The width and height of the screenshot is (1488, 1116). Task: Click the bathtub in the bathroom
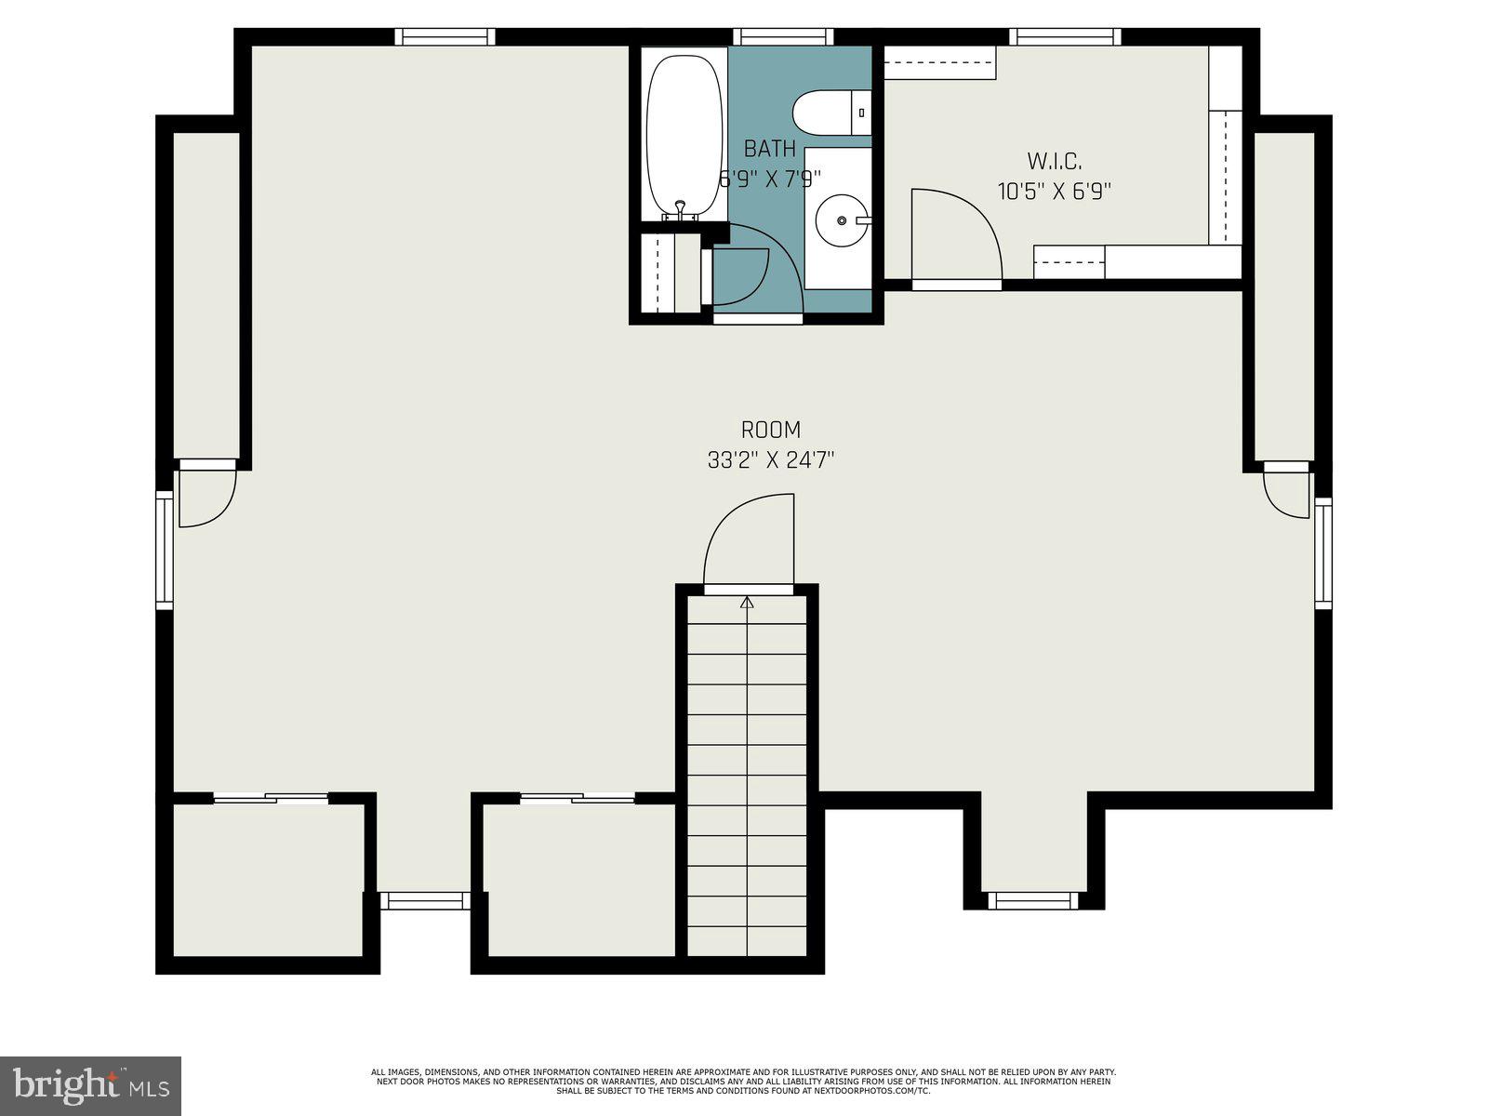[684, 135]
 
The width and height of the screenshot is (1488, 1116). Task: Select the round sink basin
[841, 220]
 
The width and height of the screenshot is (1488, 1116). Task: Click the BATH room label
[770, 149]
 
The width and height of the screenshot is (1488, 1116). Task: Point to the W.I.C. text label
[1055, 162]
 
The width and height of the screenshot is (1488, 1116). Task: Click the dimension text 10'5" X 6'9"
[1055, 193]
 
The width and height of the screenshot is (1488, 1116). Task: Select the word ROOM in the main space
[770, 430]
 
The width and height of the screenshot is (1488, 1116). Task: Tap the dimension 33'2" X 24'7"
[770, 460]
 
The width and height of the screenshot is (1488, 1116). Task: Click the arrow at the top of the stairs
[747, 604]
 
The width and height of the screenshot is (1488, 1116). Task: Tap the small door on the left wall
[205, 496]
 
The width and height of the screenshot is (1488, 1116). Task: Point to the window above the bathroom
[782, 37]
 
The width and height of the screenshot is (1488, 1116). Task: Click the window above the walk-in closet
[1065, 37]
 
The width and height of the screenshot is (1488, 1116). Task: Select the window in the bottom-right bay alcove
[1032, 900]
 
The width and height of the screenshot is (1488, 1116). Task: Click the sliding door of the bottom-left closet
[271, 798]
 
